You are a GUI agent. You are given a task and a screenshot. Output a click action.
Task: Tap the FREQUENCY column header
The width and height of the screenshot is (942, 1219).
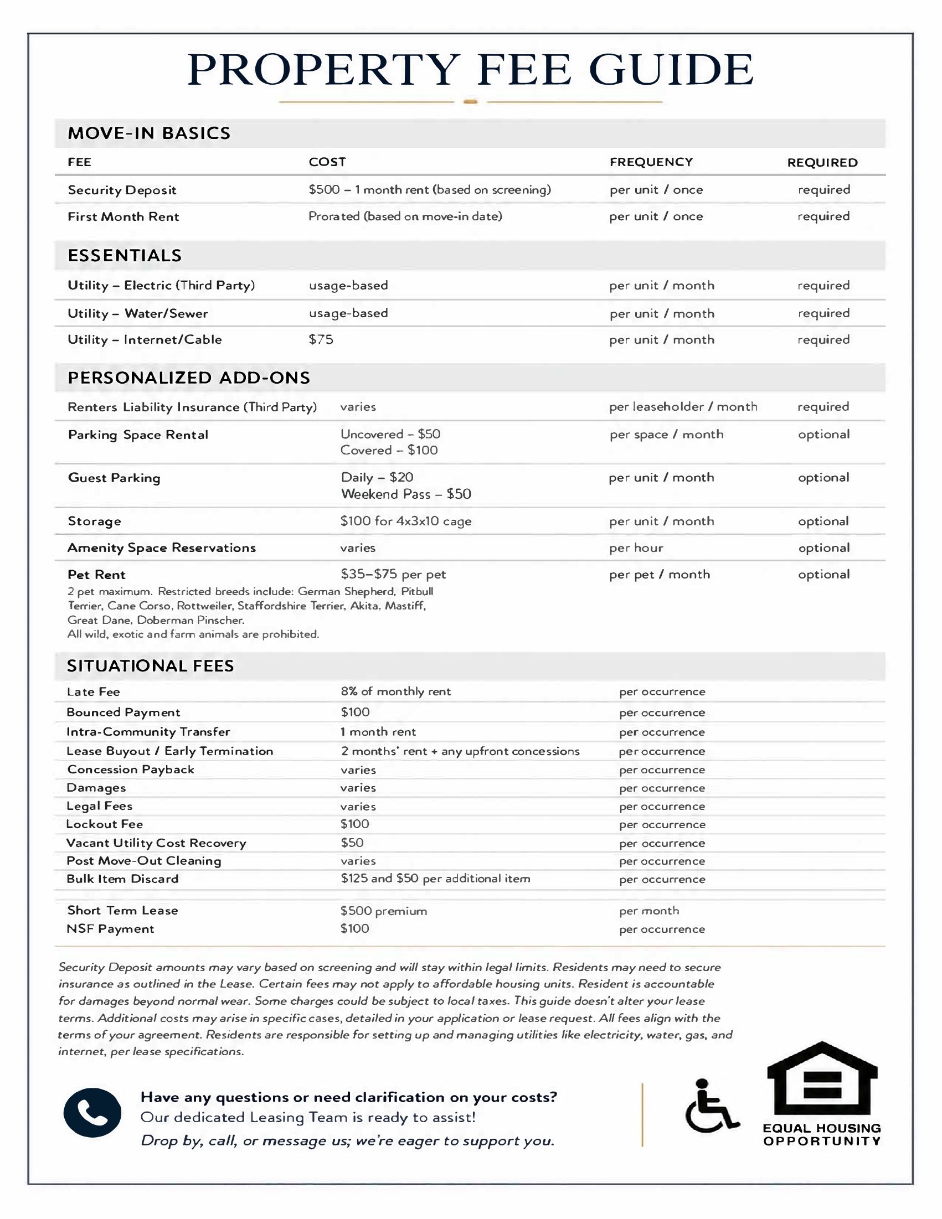click(651, 162)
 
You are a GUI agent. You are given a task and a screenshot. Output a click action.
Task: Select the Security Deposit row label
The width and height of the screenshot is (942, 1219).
click(122, 190)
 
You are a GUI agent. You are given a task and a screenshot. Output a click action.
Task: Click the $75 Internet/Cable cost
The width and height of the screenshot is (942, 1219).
click(321, 339)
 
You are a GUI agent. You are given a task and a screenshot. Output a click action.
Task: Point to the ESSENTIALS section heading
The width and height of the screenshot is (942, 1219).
click(125, 255)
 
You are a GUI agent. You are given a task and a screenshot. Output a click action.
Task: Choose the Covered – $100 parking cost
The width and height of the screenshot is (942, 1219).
click(389, 451)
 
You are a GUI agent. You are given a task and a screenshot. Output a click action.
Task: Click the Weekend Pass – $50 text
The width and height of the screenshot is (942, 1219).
click(406, 494)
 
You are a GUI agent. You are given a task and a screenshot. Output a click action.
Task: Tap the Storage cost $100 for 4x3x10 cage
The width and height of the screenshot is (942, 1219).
click(405, 521)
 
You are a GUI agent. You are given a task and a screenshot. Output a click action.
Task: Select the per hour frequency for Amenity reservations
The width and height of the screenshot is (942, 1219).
click(636, 548)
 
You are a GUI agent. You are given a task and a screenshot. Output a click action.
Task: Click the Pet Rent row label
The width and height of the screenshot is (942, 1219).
click(96, 574)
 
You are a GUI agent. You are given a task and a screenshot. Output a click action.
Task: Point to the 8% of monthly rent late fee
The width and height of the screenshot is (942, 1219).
click(395, 691)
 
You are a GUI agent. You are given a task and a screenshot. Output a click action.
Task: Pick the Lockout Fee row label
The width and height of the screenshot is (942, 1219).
click(105, 824)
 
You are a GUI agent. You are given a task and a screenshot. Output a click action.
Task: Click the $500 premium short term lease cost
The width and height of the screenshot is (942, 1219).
click(384, 911)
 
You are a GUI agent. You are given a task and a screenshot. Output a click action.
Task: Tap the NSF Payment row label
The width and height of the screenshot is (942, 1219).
click(110, 929)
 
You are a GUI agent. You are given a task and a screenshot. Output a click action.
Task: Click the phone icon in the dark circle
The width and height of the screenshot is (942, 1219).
click(92, 1112)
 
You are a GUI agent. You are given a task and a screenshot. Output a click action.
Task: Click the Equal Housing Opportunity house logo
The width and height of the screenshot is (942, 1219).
click(821, 1079)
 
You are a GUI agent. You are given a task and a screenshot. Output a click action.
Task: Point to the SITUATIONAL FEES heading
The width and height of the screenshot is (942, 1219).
click(150, 666)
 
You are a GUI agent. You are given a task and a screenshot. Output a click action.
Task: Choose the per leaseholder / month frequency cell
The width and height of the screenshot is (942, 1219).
click(683, 407)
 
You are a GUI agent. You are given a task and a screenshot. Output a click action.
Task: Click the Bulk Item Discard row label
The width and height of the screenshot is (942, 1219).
click(122, 879)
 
